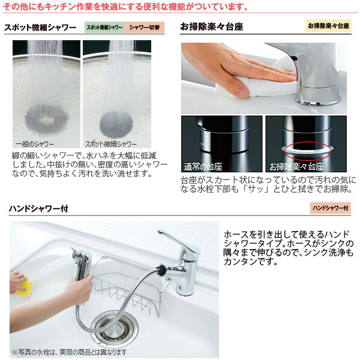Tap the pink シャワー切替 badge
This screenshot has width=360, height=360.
144,28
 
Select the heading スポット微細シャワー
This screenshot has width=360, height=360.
41,28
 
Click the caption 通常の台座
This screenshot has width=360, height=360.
203,166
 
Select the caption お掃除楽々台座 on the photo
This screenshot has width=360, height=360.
296,166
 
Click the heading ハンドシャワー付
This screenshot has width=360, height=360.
38,209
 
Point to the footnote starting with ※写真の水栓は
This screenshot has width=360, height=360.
69,351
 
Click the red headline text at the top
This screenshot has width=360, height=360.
126,7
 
